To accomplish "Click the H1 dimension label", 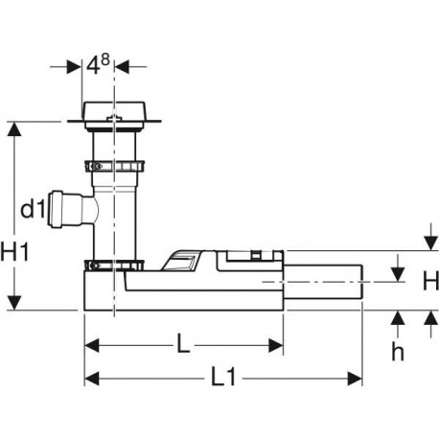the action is pos(14,251).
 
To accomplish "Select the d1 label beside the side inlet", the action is pos(32,210).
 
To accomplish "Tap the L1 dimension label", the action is pos(223,377).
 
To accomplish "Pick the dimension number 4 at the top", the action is pos(93,66).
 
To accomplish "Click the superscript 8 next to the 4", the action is pos(105,59).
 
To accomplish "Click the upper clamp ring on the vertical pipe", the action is pos(114,167).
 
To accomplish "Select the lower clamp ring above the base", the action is pos(114,266).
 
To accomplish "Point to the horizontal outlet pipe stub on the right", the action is pos(323,282).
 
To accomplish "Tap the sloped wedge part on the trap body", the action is pos(180,261).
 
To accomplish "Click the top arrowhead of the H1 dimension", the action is pos(14,128).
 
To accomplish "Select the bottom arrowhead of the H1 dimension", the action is pos(14,303).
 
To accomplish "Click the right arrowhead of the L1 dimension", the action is pos(355,379).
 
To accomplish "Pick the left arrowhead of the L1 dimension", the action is pos(92,379).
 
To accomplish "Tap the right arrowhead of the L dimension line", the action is pos(276,346).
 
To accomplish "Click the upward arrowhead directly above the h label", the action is pos(398,318).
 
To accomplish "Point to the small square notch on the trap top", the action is pos(255,255).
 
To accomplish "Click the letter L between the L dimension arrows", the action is pos(183,343).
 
